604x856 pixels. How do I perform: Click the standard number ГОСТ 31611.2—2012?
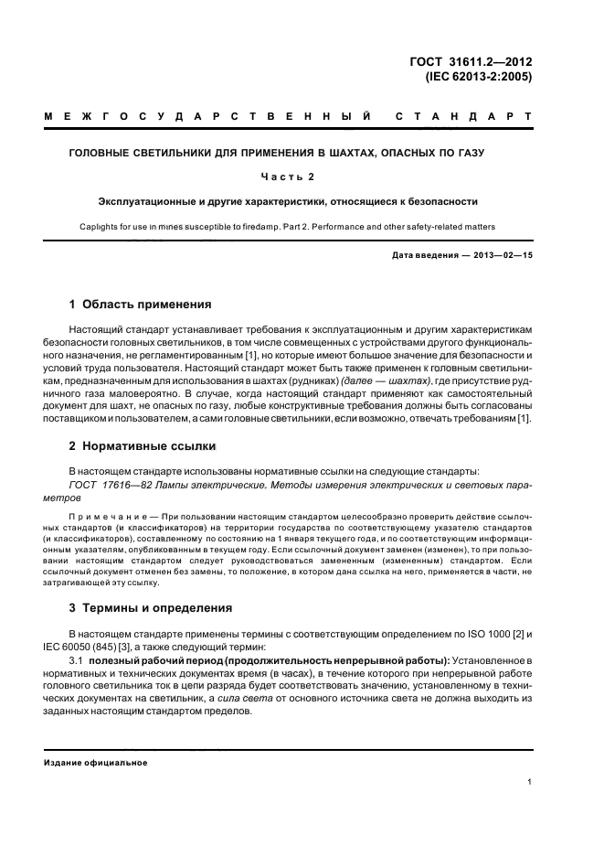(472, 62)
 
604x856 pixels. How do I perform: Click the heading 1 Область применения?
(141, 304)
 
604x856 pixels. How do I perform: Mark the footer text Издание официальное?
(96, 762)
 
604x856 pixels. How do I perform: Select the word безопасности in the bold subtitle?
(440, 200)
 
